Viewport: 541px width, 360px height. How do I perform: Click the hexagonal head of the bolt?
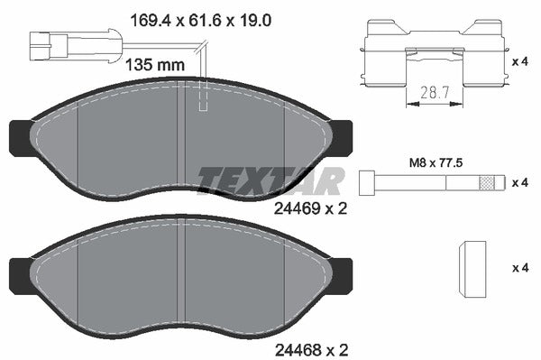click(366, 181)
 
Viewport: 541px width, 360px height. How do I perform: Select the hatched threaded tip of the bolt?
click(490, 181)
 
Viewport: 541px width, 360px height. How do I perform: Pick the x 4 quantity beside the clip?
click(519, 61)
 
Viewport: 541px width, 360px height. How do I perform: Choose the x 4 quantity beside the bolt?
click(519, 182)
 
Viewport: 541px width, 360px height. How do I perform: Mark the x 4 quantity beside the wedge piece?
click(519, 268)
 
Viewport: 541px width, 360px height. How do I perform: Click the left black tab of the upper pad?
click(19, 136)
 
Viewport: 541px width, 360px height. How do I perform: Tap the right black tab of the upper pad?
click(343, 136)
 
